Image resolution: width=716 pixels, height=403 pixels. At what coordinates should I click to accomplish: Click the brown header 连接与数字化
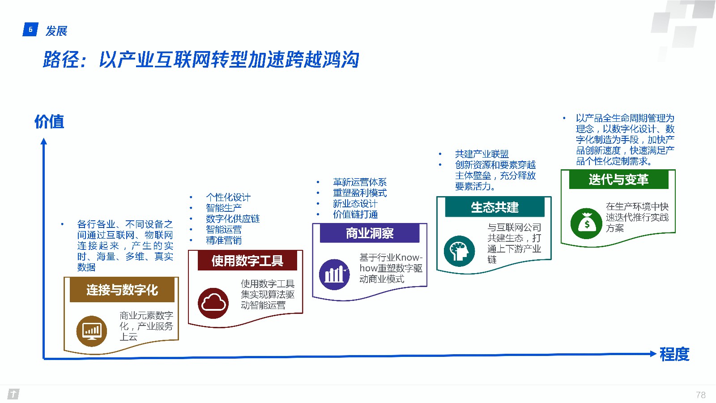122,290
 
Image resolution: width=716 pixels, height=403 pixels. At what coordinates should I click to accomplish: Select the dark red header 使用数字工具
247,261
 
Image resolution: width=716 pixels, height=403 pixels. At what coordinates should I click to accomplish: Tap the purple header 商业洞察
370,233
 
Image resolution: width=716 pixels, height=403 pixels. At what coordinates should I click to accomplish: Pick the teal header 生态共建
495,207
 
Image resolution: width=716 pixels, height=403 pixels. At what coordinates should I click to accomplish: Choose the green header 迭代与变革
619,179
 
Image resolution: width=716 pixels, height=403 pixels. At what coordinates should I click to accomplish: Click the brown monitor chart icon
92,331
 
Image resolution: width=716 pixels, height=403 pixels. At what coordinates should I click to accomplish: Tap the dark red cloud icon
213,303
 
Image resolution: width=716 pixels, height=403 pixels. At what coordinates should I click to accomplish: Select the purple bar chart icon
335,274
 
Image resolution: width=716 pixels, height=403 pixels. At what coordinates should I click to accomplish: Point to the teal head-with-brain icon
459,251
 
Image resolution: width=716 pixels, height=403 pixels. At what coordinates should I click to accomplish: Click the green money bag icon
586,223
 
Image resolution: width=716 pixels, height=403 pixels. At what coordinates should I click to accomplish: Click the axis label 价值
49,121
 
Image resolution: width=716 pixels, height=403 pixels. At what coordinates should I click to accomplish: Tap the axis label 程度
674,354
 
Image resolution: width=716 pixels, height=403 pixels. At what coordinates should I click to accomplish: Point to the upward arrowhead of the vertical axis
44,141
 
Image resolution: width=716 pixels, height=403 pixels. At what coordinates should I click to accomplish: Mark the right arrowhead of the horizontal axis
653,354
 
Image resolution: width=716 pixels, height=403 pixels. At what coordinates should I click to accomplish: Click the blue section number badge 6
31,30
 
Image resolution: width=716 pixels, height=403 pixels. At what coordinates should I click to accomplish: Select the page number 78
701,394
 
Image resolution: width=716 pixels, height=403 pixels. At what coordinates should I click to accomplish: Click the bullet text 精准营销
224,240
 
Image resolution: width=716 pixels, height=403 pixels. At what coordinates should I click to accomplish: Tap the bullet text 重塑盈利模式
360,193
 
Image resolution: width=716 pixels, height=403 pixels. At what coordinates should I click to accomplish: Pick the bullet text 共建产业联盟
482,154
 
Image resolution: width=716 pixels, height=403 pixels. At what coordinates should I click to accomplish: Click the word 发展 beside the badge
56,31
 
